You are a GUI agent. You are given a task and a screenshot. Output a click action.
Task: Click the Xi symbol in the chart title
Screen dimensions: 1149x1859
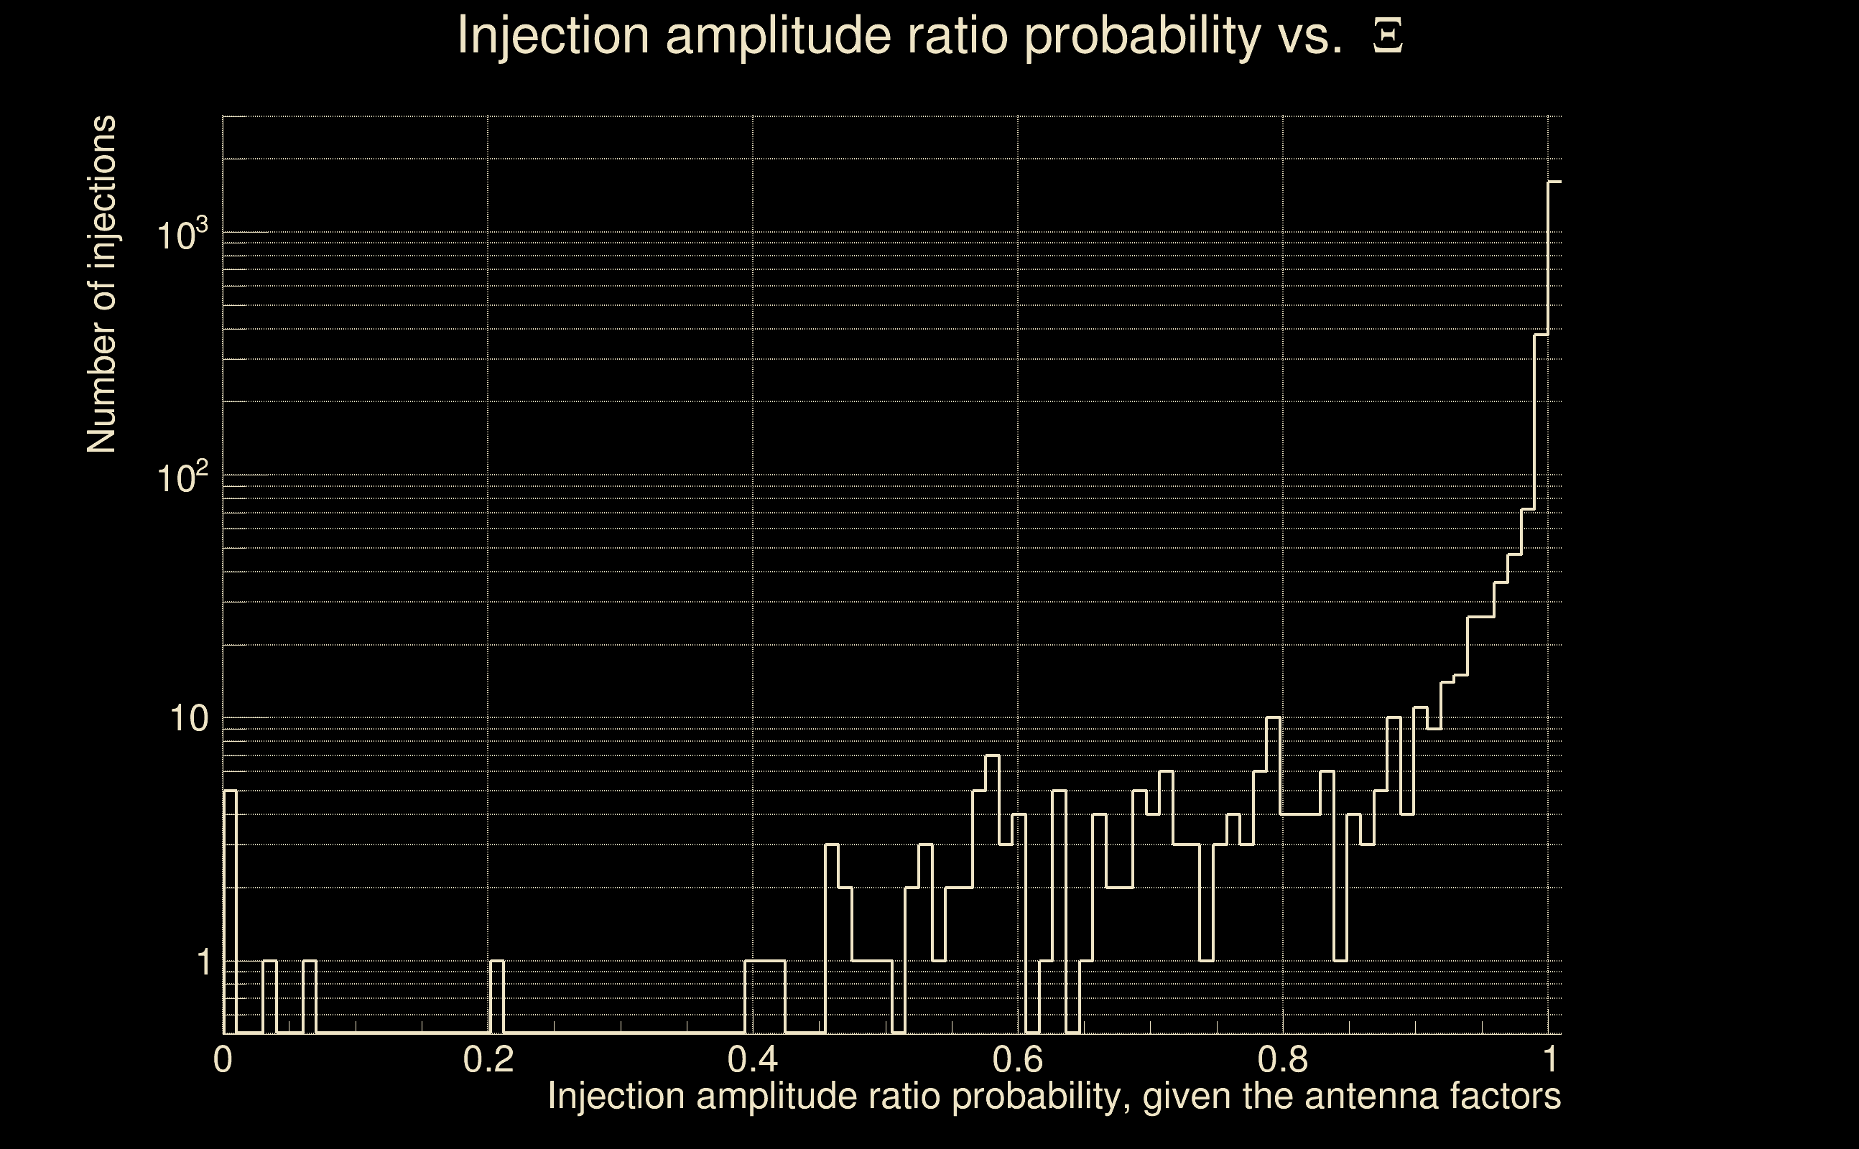point(1388,36)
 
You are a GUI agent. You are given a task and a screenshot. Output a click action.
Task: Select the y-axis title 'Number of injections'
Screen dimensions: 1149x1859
point(102,284)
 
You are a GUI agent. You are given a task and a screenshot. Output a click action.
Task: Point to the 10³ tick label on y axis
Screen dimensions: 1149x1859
point(182,234)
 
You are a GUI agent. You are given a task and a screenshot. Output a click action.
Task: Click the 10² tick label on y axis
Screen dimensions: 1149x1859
point(182,478)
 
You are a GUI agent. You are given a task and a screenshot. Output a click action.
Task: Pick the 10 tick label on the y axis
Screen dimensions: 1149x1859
point(188,718)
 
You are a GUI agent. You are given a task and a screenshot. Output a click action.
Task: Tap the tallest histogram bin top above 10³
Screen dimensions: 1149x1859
point(1555,182)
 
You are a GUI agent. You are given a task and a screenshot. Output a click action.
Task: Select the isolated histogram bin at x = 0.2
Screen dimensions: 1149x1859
point(497,962)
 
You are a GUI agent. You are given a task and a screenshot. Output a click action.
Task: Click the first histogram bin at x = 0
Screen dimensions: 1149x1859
point(231,792)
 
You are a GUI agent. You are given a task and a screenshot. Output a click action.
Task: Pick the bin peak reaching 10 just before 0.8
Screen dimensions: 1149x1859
point(1273,718)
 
